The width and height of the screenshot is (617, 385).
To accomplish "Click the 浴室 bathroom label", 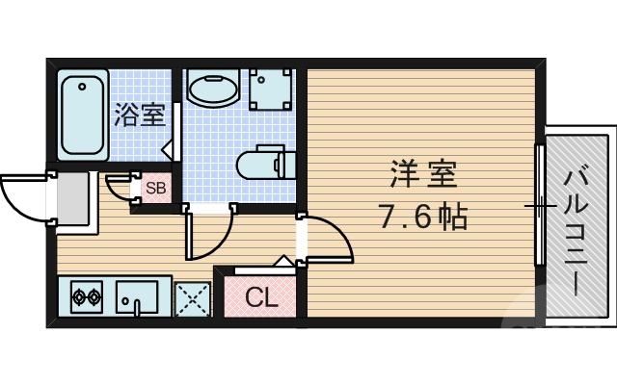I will point(141,115).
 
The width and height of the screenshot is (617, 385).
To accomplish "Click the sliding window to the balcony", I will point(540,205).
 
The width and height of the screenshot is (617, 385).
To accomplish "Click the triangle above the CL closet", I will point(283,261).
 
